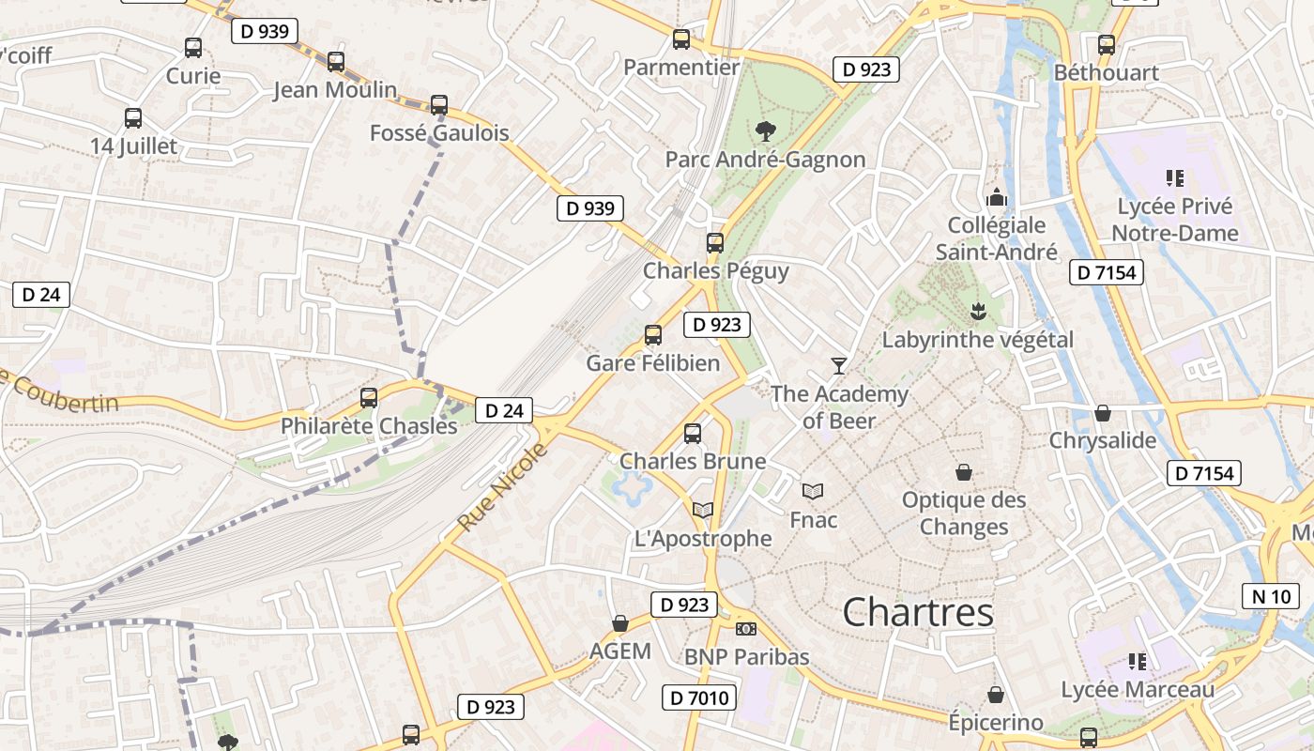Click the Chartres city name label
917,613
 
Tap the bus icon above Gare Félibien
653,334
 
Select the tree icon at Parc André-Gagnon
765,130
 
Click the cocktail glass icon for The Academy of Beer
839,365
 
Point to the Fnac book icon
813,491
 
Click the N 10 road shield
1271,595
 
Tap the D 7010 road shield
699,697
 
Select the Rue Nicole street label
503,485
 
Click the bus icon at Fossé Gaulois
439,105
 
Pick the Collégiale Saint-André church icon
996,197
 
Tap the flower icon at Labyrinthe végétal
977,311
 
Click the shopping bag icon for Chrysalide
1103,413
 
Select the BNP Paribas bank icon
746,628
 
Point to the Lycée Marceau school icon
1138,662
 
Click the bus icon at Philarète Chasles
369,398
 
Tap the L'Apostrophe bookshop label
703,539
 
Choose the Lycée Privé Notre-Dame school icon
1174,177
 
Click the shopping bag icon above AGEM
620,623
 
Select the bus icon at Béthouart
1107,44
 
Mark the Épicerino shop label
995,722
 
